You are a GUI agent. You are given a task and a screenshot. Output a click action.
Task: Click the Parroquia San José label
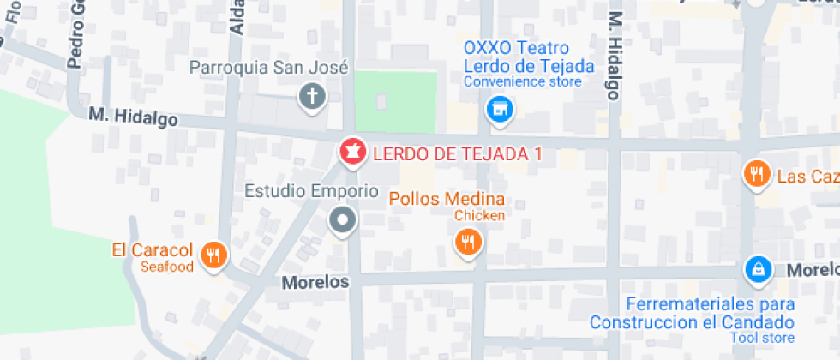[268, 67]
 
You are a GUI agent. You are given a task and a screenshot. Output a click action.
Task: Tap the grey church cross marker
[312, 96]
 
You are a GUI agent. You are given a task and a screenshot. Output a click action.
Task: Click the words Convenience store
[522, 82]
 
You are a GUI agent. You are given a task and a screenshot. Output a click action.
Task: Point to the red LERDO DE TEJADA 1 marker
[351, 153]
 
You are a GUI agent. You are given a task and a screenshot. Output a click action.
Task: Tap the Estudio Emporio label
[311, 190]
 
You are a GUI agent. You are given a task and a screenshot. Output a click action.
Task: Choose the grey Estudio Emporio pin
[344, 219]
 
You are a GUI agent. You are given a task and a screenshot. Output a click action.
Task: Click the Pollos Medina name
[447, 199]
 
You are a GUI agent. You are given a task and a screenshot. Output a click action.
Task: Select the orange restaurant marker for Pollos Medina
[467, 242]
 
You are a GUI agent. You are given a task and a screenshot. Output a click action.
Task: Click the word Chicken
[479, 216]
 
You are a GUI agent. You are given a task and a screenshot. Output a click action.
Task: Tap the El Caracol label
[152, 251]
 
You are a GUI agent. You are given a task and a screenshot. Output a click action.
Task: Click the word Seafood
[168, 267]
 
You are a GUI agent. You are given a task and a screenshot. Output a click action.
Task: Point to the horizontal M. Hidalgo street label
[133, 117]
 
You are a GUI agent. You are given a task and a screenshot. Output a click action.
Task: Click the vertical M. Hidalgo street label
[614, 56]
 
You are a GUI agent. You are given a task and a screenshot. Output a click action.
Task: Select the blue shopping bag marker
[757, 269]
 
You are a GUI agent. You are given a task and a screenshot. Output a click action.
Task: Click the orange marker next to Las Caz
[755, 175]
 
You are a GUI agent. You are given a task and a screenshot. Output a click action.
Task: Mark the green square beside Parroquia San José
[395, 100]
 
